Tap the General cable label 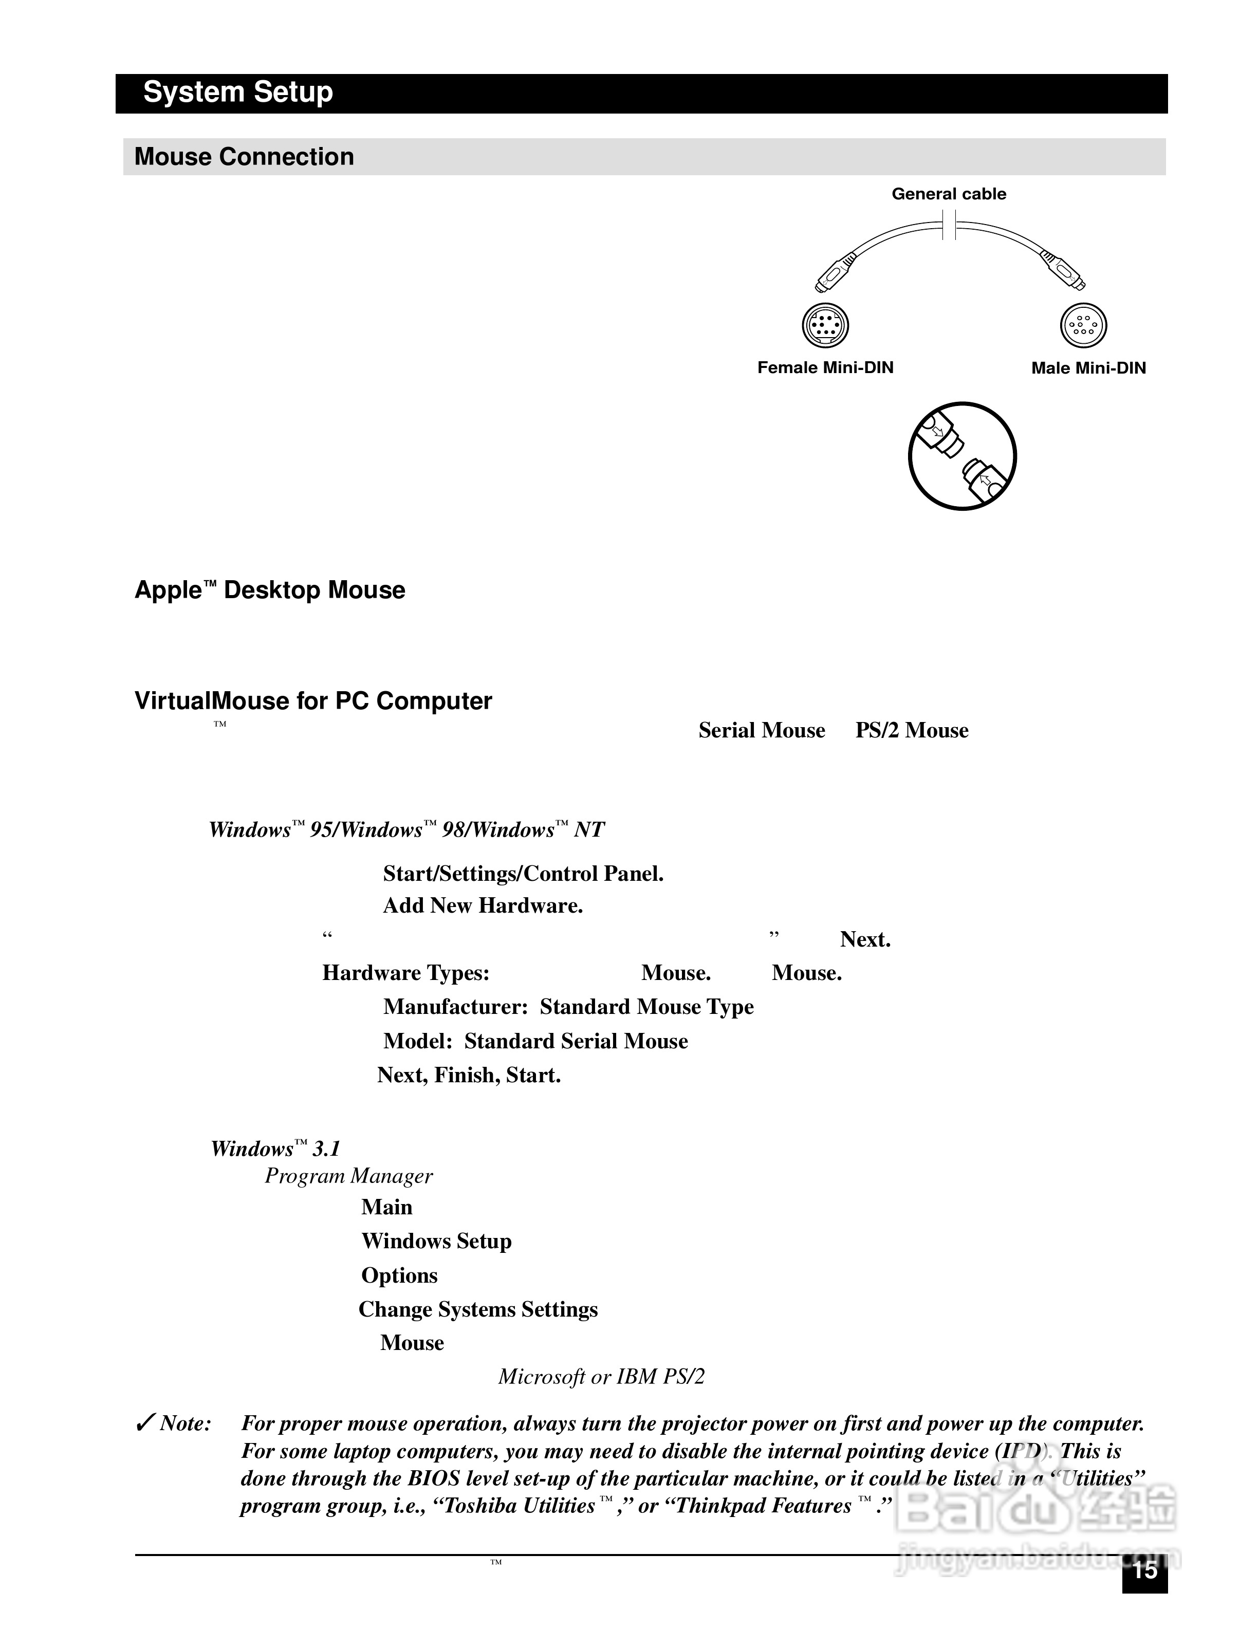click(x=949, y=194)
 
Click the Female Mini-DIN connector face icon click(x=825, y=325)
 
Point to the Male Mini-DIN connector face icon click(x=1083, y=325)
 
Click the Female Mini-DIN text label click(x=825, y=367)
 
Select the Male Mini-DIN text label click(x=1088, y=367)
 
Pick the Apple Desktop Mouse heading click(x=270, y=589)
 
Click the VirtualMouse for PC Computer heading click(x=313, y=701)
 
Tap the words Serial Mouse click(x=762, y=731)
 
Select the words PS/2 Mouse click(x=912, y=731)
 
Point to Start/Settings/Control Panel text click(x=523, y=874)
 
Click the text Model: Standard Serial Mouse click(x=535, y=1041)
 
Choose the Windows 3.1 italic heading click(x=275, y=1149)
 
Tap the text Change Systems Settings click(x=478, y=1310)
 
